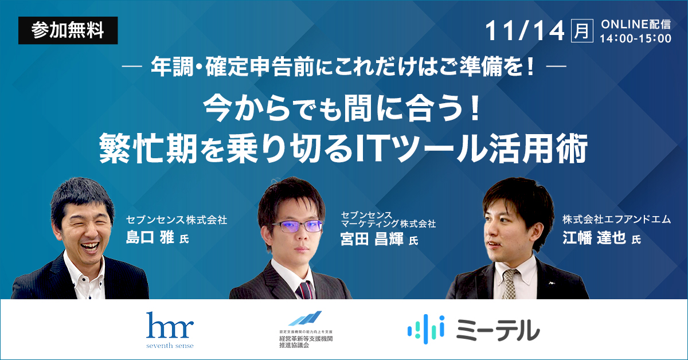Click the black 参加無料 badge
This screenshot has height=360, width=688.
coord(68,30)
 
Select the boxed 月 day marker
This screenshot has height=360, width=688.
coord(582,31)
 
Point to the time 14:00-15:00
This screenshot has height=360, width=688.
coord(635,39)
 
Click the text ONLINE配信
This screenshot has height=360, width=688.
coord(636,25)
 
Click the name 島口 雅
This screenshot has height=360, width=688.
coord(150,237)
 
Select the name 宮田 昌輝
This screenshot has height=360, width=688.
coord(372,239)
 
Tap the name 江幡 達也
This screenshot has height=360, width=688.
coord(594,237)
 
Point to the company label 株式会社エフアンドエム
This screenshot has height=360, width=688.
coord(617,220)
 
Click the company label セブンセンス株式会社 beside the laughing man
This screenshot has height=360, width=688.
coord(177,220)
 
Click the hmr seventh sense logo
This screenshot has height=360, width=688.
coord(170,330)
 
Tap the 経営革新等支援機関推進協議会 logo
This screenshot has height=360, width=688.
coord(306,330)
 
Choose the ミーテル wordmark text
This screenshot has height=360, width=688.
coord(498,330)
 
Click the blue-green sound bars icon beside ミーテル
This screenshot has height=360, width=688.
coord(426,329)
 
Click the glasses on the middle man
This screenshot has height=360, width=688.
coord(298,226)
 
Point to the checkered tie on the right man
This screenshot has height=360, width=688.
coord(510,284)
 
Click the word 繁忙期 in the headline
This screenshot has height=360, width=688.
coord(148,148)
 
